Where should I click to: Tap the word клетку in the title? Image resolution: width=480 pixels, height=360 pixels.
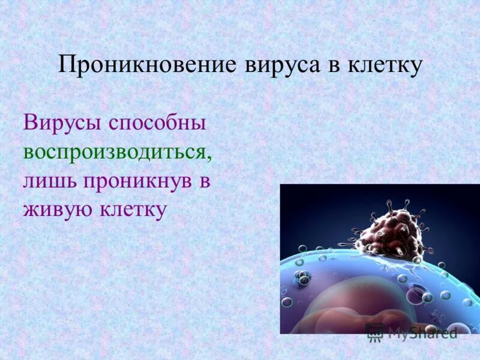pos(384,65)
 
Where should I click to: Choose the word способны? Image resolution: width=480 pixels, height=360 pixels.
pos(157,124)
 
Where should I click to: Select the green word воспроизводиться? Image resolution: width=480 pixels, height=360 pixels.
pos(116,152)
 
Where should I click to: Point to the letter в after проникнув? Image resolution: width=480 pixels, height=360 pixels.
pos(204,182)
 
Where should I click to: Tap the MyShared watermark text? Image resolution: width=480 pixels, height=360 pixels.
pos(422,333)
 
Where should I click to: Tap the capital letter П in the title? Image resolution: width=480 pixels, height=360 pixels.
pos(65,65)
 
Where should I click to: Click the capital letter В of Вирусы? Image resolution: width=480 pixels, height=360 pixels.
pos(31,123)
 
